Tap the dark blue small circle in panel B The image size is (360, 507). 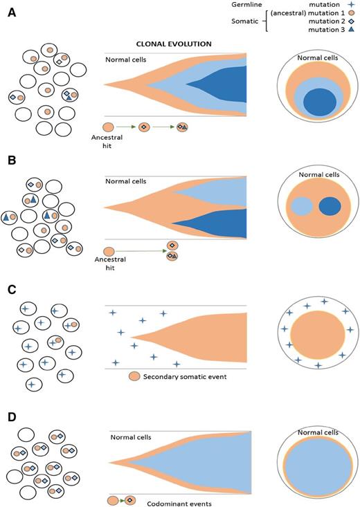(x=330, y=207)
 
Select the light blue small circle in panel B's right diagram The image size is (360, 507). (x=301, y=207)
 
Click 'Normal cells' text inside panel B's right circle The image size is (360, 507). (x=317, y=176)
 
